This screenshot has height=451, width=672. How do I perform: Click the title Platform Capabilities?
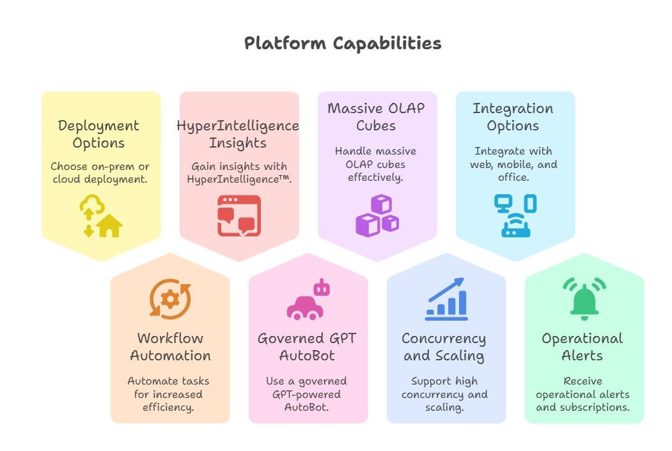(343, 43)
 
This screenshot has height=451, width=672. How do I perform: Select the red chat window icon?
(239, 216)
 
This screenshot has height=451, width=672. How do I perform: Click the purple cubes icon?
(377, 215)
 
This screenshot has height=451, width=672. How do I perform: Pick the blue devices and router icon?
(515, 215)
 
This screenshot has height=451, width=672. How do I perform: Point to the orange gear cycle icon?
(170, 300)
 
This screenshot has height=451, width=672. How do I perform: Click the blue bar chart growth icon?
(446, 299)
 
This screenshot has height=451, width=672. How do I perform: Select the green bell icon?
(584, 299)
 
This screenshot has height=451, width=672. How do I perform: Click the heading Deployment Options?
(98, 134)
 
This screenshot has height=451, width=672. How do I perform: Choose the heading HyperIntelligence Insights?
(238, 134)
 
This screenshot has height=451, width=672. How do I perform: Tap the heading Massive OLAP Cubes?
(376, 116)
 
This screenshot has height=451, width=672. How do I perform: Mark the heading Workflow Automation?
(170, 346)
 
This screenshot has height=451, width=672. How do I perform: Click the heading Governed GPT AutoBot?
(307, 346)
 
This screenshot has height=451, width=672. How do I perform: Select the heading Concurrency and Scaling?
(444, 347)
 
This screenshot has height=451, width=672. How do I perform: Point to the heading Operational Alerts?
(582, 347)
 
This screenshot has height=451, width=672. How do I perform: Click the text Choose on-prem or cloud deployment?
(100, 172)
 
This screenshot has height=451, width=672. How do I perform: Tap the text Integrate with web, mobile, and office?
(513, 164)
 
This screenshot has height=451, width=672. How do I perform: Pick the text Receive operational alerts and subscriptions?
(583, 394)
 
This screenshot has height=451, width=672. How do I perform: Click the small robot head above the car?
(322, 288)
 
